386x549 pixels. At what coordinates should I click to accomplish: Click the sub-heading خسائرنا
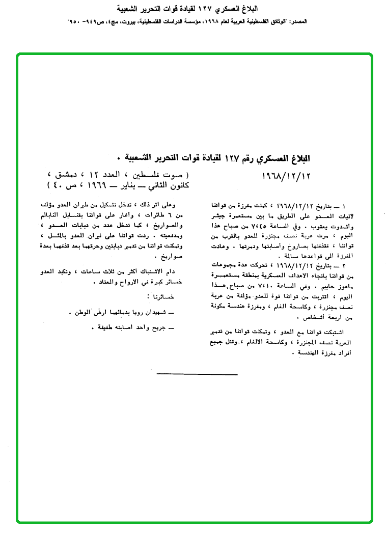point(168,295)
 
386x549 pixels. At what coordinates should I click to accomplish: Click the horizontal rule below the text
point(197,374)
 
